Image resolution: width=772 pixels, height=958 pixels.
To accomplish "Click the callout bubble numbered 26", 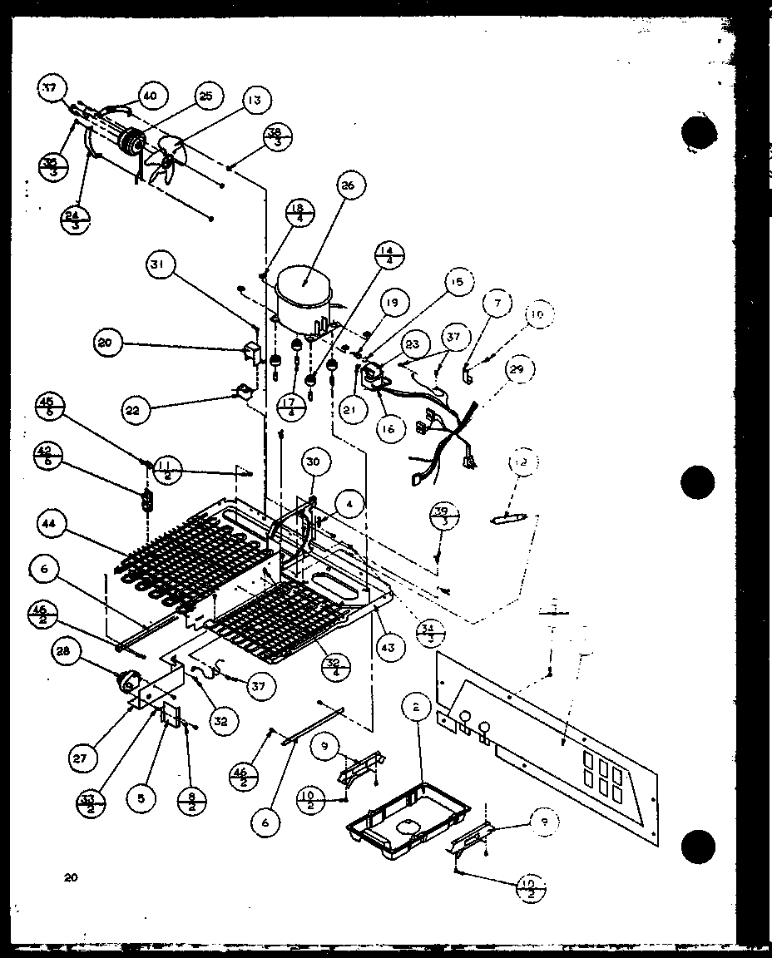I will coord(348,185).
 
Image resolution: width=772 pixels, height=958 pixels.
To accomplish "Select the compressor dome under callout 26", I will coord(303,296).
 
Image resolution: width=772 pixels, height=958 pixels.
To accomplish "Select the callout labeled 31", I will coord(157,265).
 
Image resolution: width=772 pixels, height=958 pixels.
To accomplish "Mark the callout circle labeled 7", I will coord(497,304).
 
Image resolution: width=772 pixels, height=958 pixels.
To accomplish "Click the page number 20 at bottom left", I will coord(70,877).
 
